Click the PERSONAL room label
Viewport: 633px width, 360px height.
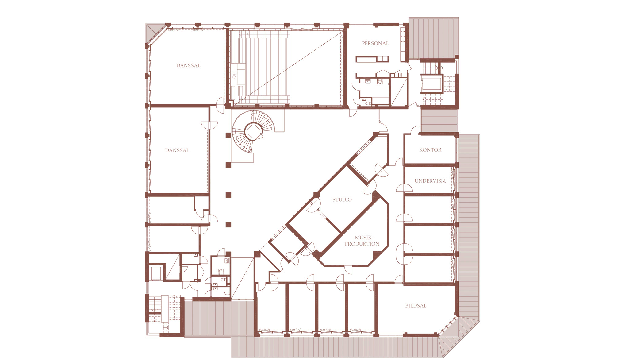(x=375, y=44)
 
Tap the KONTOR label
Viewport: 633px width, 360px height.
(x=430, y=150)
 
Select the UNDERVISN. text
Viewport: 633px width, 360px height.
(x=430, y=181)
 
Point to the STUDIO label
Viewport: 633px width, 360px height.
(x=342, y=200)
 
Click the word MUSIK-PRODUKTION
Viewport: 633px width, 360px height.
(x=362, y=241)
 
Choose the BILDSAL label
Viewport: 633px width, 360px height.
(x=416, y=306)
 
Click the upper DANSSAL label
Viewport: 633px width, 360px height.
(x=188, y=66)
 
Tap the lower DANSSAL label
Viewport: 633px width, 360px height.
(x=177, y=151)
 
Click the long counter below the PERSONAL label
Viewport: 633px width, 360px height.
(x=372, y=59)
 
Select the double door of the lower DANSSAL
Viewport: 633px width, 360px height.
(x=209, y=125)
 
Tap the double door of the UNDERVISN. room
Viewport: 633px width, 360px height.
(x=404, y=188)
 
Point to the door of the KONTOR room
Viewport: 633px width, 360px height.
(x=414, y=130)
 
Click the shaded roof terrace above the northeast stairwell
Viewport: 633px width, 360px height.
(x=434, y=38)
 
